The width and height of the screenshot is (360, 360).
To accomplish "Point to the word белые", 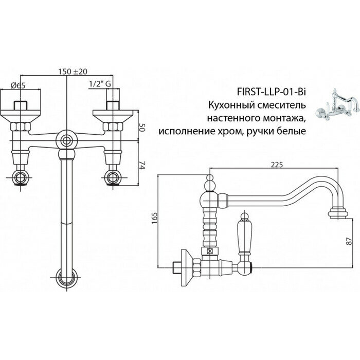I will pyautogui.click(x=293, y=131).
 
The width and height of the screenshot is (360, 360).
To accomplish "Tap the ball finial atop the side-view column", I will pyautogui.click(x=210, y=181).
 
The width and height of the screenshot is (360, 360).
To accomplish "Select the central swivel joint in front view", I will pyautogui.click(x=66, y=140).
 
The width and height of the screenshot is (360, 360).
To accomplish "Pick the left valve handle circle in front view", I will pyautogui.click(x=22, y=179).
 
